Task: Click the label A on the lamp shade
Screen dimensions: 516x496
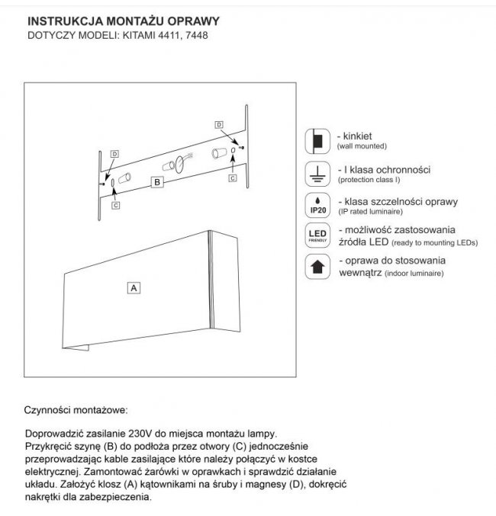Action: tap(134, 288)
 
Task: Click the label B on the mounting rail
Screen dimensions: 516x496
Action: tap(156, 182)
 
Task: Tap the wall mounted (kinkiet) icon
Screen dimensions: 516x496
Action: tap(316, 139)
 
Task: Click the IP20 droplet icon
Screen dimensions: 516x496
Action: tap(316, 205)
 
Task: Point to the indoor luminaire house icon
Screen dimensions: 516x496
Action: tap(316, 266)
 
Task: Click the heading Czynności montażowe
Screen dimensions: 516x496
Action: tap(76, 409)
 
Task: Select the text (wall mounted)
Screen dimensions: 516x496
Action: tap(362, 145)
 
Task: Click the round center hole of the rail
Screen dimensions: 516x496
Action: tap(182, 162)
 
